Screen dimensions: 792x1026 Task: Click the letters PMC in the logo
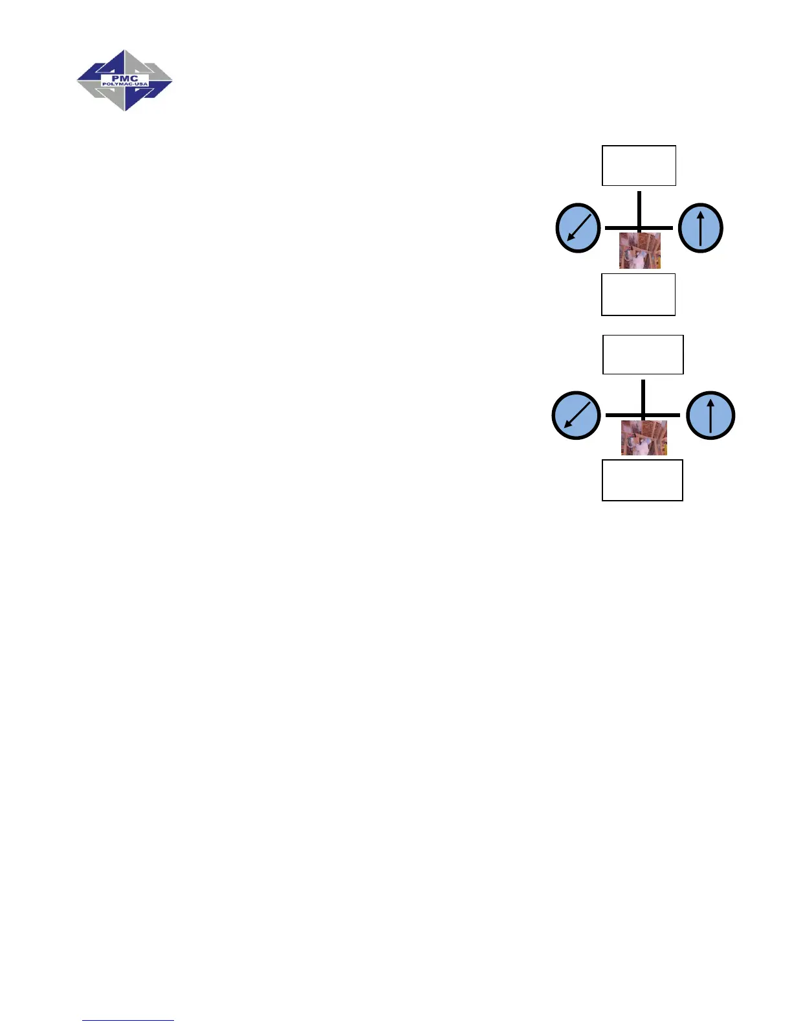tap(124, 78)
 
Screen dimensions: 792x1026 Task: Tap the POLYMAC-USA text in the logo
tap(125, 85)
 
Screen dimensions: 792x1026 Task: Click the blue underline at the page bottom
tap(128, 1020)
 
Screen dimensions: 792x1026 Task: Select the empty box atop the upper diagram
tap(639, 166)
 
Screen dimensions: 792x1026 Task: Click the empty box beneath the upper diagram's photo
tap(638, 294)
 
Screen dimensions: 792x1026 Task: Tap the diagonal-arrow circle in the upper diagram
tap(578, 228)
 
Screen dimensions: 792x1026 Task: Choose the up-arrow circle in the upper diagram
tap(700, 228)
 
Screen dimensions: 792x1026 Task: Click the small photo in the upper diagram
tap(640, 251)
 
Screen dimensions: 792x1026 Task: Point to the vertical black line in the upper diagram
tap(639, 207)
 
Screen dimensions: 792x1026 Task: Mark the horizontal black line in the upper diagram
tap(621, 228)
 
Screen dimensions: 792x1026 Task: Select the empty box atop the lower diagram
tap(643, 354)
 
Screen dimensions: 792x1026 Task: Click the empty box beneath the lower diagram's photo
tap(642, 480)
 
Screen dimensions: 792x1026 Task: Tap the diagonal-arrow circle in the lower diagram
tap(576, 415)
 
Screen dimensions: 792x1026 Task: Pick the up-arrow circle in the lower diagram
tap(710, 415)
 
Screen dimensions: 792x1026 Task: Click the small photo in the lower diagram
tap(644, 438)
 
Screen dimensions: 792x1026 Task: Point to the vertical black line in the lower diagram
tap(643, 395)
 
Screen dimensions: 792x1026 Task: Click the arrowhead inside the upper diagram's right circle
tap(700, 212)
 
